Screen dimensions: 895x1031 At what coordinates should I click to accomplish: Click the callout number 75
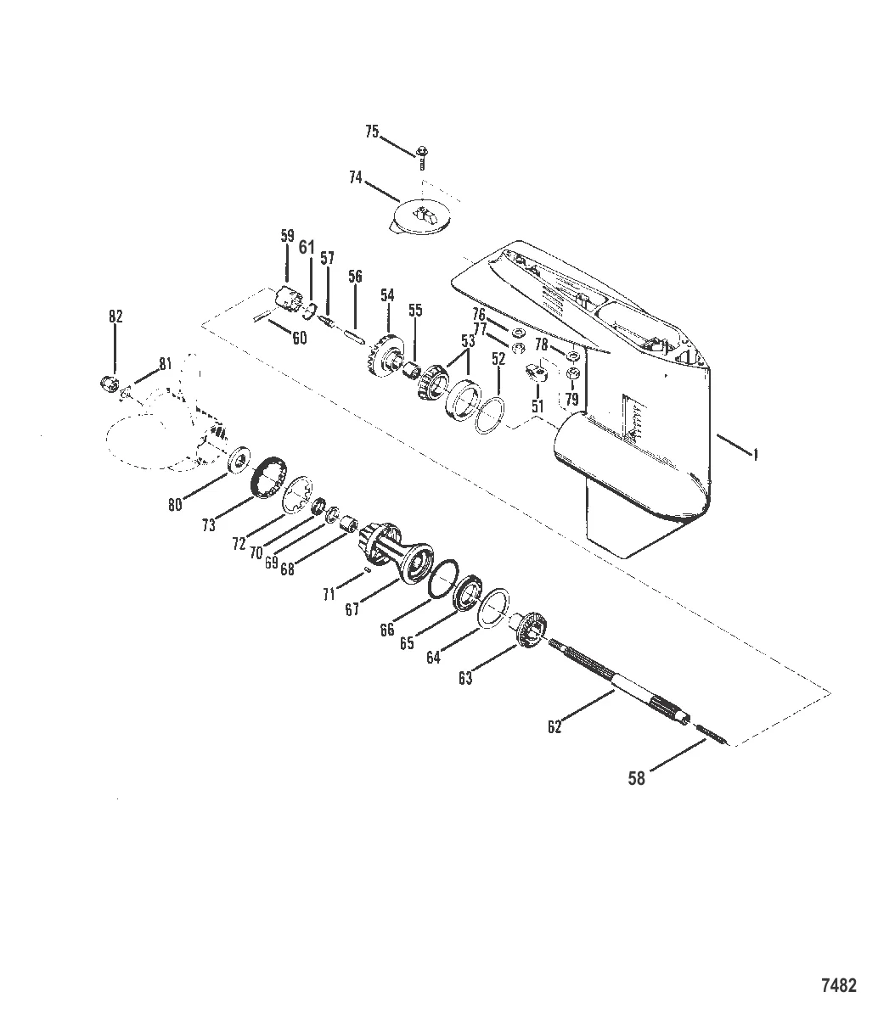372,132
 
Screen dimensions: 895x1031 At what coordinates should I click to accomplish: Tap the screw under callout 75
421,157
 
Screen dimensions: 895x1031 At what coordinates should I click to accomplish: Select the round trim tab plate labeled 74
421,218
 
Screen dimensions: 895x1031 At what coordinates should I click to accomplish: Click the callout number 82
115,316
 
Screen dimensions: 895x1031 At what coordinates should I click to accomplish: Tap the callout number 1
755,456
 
